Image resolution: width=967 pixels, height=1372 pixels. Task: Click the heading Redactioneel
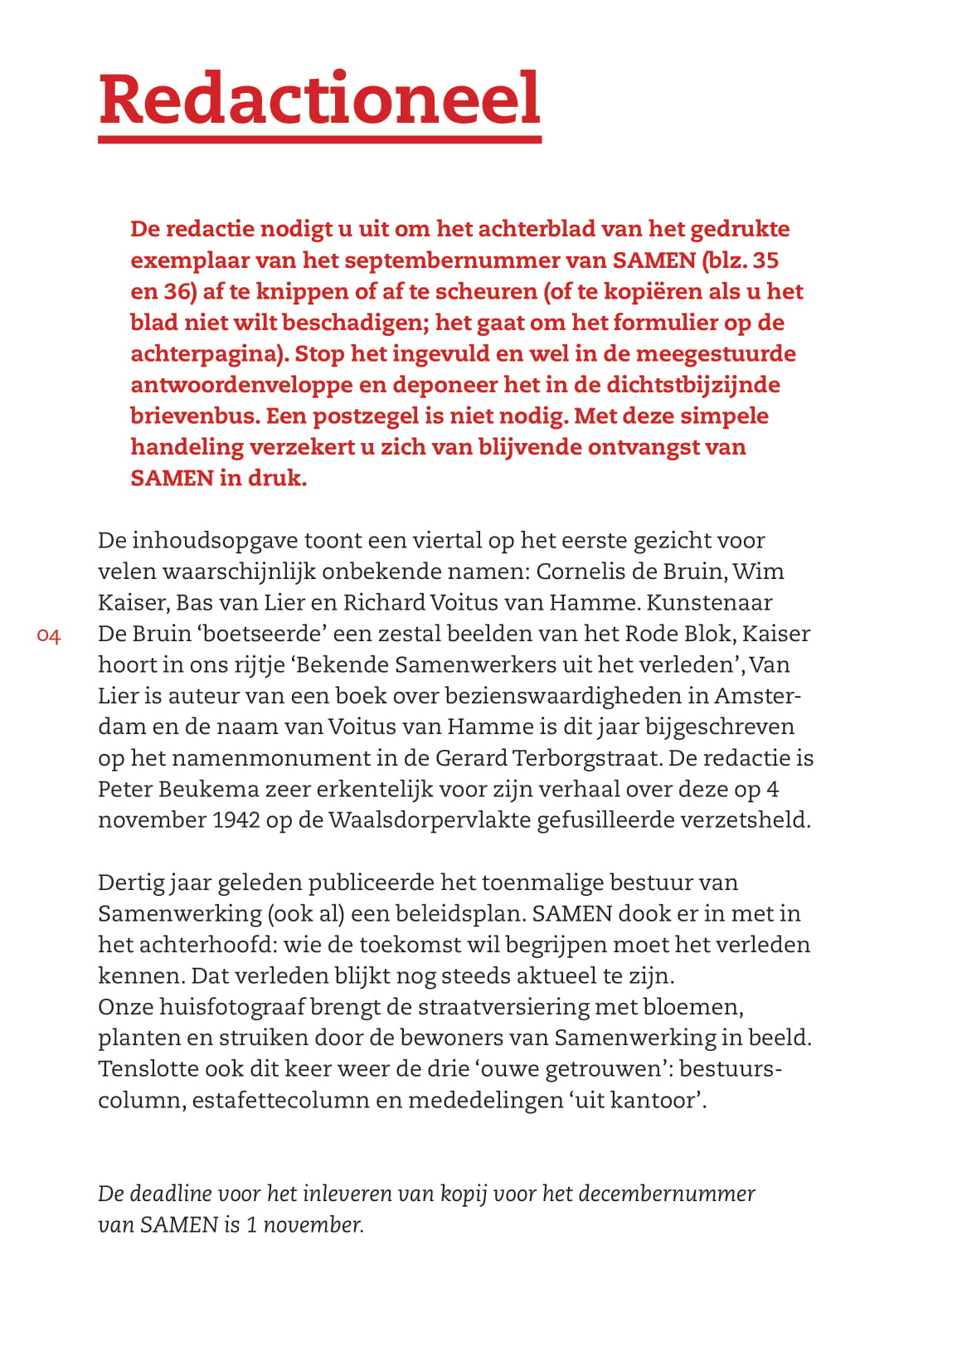[319, 100]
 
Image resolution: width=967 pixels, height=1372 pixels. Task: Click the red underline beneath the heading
[319, 139]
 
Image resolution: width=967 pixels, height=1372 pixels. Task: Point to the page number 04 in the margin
[49, 636]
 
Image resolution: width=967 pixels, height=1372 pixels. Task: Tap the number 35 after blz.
[765, 260]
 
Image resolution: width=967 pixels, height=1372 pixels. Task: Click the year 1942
[237, 820]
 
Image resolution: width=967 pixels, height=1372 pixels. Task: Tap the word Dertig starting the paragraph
[131, 883]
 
